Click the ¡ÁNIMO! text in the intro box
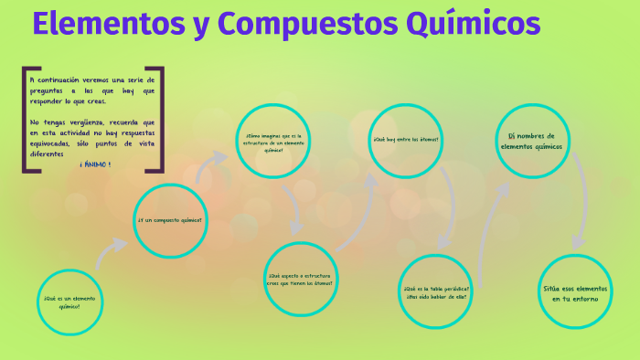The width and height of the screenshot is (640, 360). (x=95, y=164)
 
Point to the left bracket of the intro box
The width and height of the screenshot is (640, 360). (x=26, y=119)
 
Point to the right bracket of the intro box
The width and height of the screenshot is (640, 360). (x=161, y=119)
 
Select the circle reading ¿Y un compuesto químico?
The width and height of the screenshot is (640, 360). (x=170, y=220)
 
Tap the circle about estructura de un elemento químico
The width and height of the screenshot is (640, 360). (x=272, y=142)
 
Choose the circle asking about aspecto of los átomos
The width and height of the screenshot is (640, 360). (x=299, y=278)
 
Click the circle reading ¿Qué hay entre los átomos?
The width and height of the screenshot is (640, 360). (x=405, y=139)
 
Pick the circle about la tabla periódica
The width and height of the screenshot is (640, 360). (x=435, y=292)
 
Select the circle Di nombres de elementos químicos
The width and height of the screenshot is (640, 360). (x=531, y=141)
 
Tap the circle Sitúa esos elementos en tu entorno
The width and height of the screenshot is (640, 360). (x=574, y=292)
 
